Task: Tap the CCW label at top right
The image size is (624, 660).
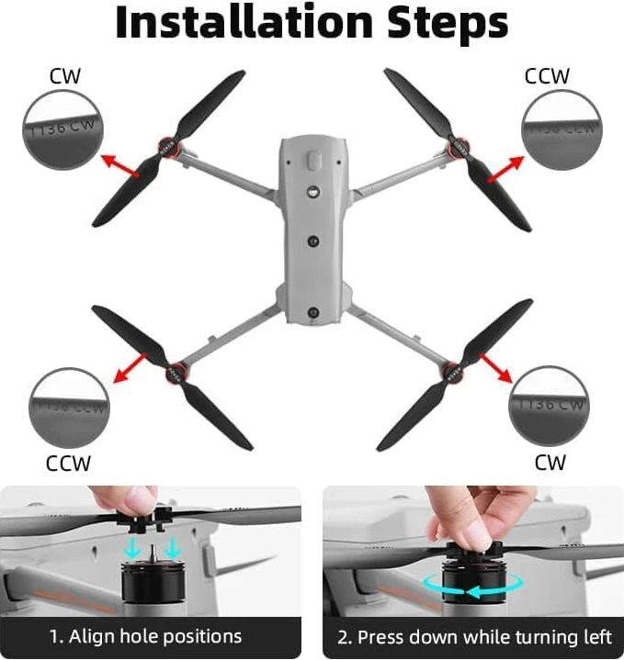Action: click(x=547, y=76)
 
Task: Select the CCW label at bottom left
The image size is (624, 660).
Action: click(x=69, y=464)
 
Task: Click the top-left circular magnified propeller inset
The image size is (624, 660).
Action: click(x=63, y=130)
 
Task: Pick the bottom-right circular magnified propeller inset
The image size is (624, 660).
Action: click(x=549, y=405)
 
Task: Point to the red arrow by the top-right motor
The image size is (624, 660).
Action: click(x=505, y=169)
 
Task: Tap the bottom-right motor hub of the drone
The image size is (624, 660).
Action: click(x=451, y=372)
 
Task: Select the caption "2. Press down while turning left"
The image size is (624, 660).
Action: click(x=473, y=636)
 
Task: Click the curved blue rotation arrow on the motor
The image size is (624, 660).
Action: click(x=471, y=586)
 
